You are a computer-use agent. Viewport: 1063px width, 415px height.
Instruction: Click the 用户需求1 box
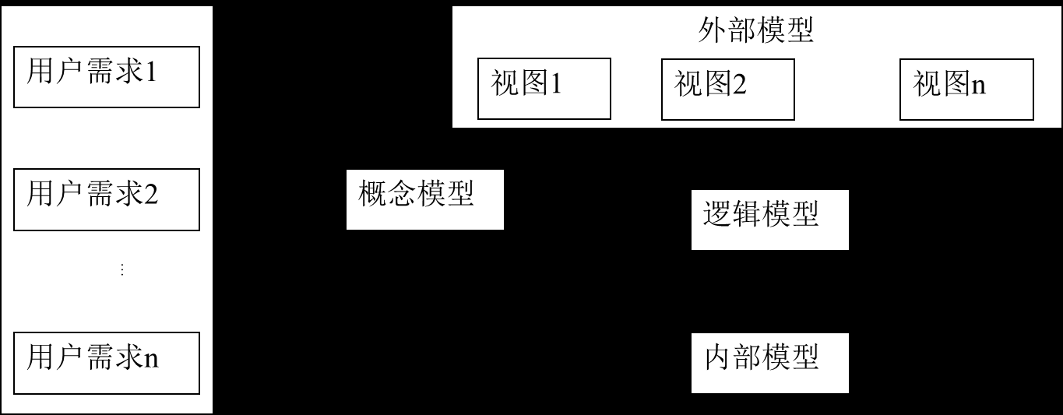[x=107, y=76]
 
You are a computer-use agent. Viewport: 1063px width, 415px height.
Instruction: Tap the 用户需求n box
[x=107, y=363]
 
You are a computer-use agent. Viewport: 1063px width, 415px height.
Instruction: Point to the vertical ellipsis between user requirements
[x=121, y=269]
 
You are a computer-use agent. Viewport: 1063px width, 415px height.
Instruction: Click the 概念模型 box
[x=424, y=200]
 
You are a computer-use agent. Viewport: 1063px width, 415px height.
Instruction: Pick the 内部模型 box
[x=769, y=363]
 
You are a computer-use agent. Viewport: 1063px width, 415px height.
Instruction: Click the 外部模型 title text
[x=755, y=32]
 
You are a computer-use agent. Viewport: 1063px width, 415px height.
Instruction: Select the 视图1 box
[x=544, y=89]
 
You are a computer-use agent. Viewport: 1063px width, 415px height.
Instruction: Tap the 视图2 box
[x=727, y=89]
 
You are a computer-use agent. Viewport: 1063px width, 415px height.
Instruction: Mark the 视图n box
[x=966, y=89]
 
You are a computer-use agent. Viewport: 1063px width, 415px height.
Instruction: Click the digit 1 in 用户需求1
[x=151, y=73]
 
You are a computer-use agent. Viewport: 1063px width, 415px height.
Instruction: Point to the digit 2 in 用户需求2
[x=151, y=193]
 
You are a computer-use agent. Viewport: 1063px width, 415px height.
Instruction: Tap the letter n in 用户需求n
[x=152, y=359]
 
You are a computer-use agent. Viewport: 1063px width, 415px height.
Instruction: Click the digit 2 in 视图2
[x=739, y=84]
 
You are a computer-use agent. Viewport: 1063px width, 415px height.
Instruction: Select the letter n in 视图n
[x=978, y=85]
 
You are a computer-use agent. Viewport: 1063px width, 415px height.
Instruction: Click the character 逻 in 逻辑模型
[x=717, y=213]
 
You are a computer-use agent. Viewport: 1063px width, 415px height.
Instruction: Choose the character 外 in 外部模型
[x=713, y=32]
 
